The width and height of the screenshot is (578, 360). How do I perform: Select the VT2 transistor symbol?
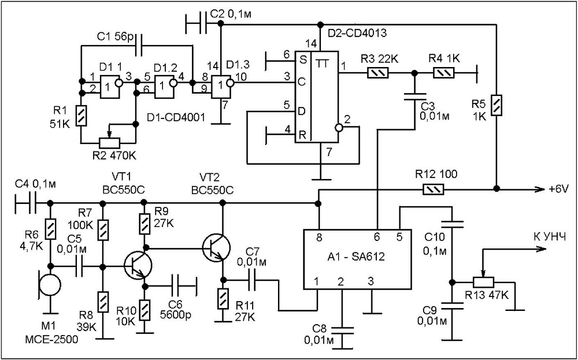[x=216, y=248]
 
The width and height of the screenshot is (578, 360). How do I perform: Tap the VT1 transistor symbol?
[x=138, y=265]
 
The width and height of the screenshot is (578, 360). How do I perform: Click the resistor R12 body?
[x=433, y=190]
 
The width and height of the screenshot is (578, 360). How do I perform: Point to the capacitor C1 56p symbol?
[x=139, y=46]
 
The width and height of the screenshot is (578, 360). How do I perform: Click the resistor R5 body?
[x=497, y=106]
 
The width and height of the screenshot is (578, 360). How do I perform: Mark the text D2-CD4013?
[x=358, y=34]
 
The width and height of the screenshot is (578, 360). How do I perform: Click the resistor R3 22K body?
[x=378, y=73]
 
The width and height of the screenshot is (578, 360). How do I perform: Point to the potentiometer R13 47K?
[x=484, y=282]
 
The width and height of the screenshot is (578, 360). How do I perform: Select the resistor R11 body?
[x=223, y=299]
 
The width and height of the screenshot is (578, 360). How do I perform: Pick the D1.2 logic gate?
[x=165, y=87]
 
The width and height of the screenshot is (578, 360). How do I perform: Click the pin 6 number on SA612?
[x=377, y=239]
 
